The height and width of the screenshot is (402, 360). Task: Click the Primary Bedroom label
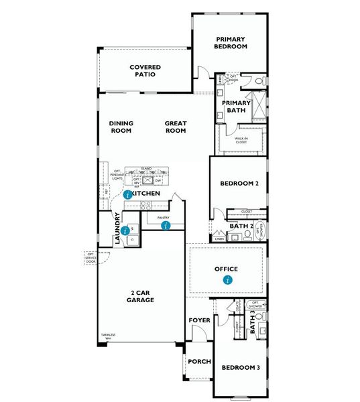[x=231, y=43]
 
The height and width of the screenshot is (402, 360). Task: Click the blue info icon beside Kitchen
[x=127, y=193]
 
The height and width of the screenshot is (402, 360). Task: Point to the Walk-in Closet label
[x=241, y=141]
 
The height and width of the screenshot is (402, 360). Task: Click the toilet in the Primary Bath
[x=259, y=82]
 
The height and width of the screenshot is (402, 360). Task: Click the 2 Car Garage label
[x=141, y=296]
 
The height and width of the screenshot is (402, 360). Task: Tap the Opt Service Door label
[x=91, y=257]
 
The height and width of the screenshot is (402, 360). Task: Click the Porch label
[x=199, y=361]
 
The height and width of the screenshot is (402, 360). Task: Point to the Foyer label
[x=199, y=320]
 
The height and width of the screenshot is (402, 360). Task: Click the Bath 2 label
[x=240, y=226]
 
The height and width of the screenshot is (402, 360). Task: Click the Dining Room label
[x=121, y=127]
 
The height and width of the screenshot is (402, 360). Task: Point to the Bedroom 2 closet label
[x=247, y=212]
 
